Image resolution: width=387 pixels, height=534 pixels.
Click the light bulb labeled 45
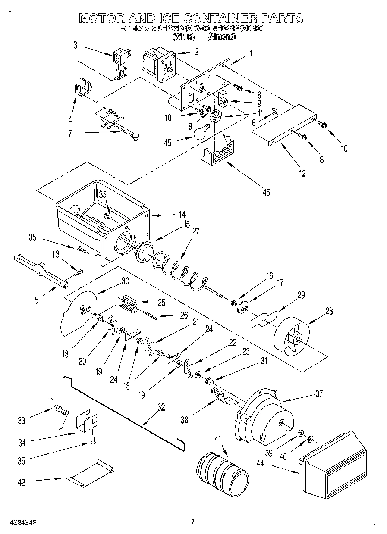(x=201, y=132)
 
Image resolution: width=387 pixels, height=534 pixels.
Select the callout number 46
(x=266, y=192)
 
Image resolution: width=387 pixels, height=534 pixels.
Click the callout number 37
(x=318, y=393)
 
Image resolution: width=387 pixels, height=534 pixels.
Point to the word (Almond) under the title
(x=221, y=37)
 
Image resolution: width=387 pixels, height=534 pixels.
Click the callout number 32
(x=161, y=408)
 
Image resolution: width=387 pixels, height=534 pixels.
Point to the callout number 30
(x=125, y=280)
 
